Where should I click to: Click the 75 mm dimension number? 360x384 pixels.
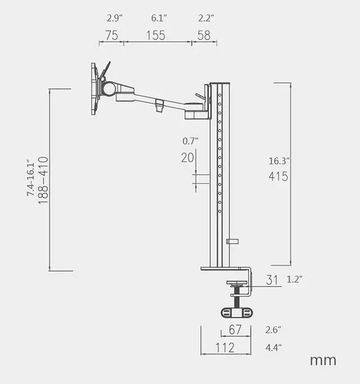click(112, 35)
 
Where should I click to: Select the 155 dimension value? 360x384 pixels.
click(156, 35)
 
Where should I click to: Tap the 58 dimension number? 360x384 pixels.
click(204, 35)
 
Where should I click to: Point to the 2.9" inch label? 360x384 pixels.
click(114, 18)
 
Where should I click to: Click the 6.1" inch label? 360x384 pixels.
click(159, 18)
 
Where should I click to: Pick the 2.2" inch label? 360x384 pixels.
click(206, 18)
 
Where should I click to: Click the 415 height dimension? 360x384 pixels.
click(278, 177)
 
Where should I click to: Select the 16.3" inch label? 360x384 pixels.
click(279, 161)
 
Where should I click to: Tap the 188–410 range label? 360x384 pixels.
click(44, 180)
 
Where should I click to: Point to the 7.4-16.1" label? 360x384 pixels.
click(30, 178)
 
